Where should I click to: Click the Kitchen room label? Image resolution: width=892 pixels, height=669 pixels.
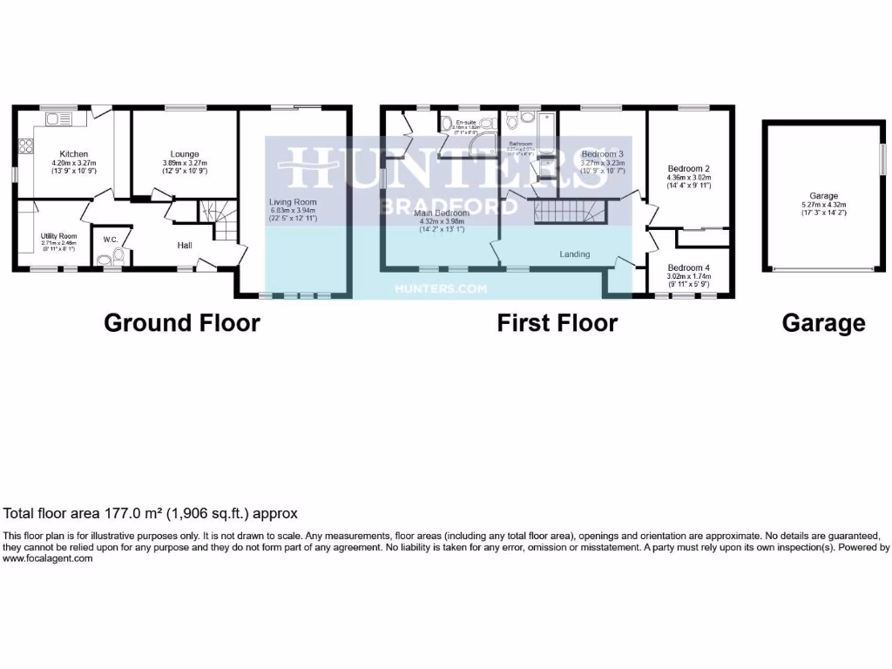tap(74, 154)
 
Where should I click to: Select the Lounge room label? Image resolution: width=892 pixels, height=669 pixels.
tap(185, 154)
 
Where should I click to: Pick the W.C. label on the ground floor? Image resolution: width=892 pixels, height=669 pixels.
tap(111, 240)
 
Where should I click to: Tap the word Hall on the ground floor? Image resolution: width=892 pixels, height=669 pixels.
tap(185, 246)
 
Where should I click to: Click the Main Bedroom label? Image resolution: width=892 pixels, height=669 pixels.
tap(443, 213)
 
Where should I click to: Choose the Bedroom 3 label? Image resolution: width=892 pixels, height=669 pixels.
tap(603, 153)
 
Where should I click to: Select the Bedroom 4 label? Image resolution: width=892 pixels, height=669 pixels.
tap(689, 267)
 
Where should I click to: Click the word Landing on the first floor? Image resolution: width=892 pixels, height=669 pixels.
tap(575, 254)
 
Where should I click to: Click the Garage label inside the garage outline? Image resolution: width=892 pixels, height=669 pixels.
tap(822, 196)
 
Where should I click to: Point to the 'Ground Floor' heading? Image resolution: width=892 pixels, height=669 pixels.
tap(182, 323)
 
